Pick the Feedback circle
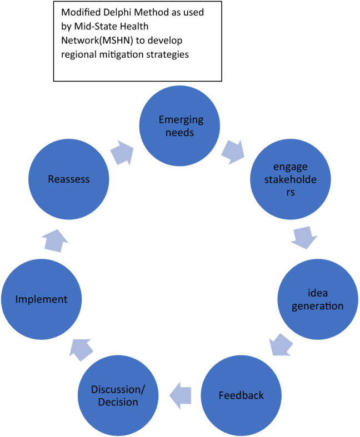pyautogui.click(x=241, y=395)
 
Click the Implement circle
pyautogui.click(x=42, y=299)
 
